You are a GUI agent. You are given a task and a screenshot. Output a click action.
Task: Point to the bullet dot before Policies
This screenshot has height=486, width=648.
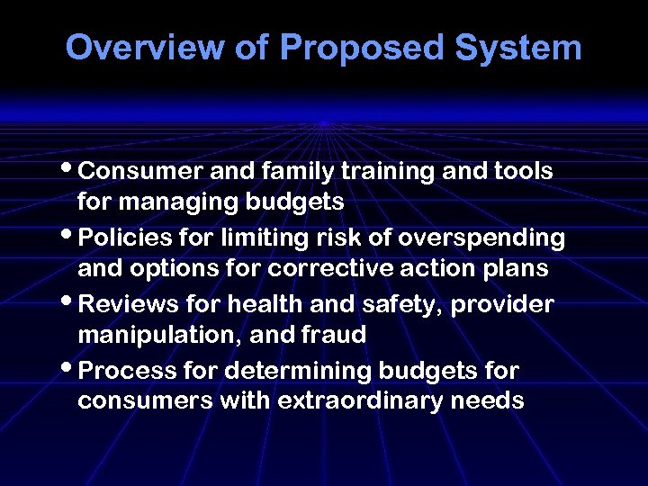[71, 235]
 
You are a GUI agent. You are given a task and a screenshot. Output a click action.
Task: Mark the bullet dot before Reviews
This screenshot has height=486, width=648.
[71, 301]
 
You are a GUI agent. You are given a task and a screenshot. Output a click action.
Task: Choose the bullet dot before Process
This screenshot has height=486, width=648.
[71, 368]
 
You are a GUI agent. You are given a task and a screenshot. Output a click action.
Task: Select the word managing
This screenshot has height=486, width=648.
[172, 203]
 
